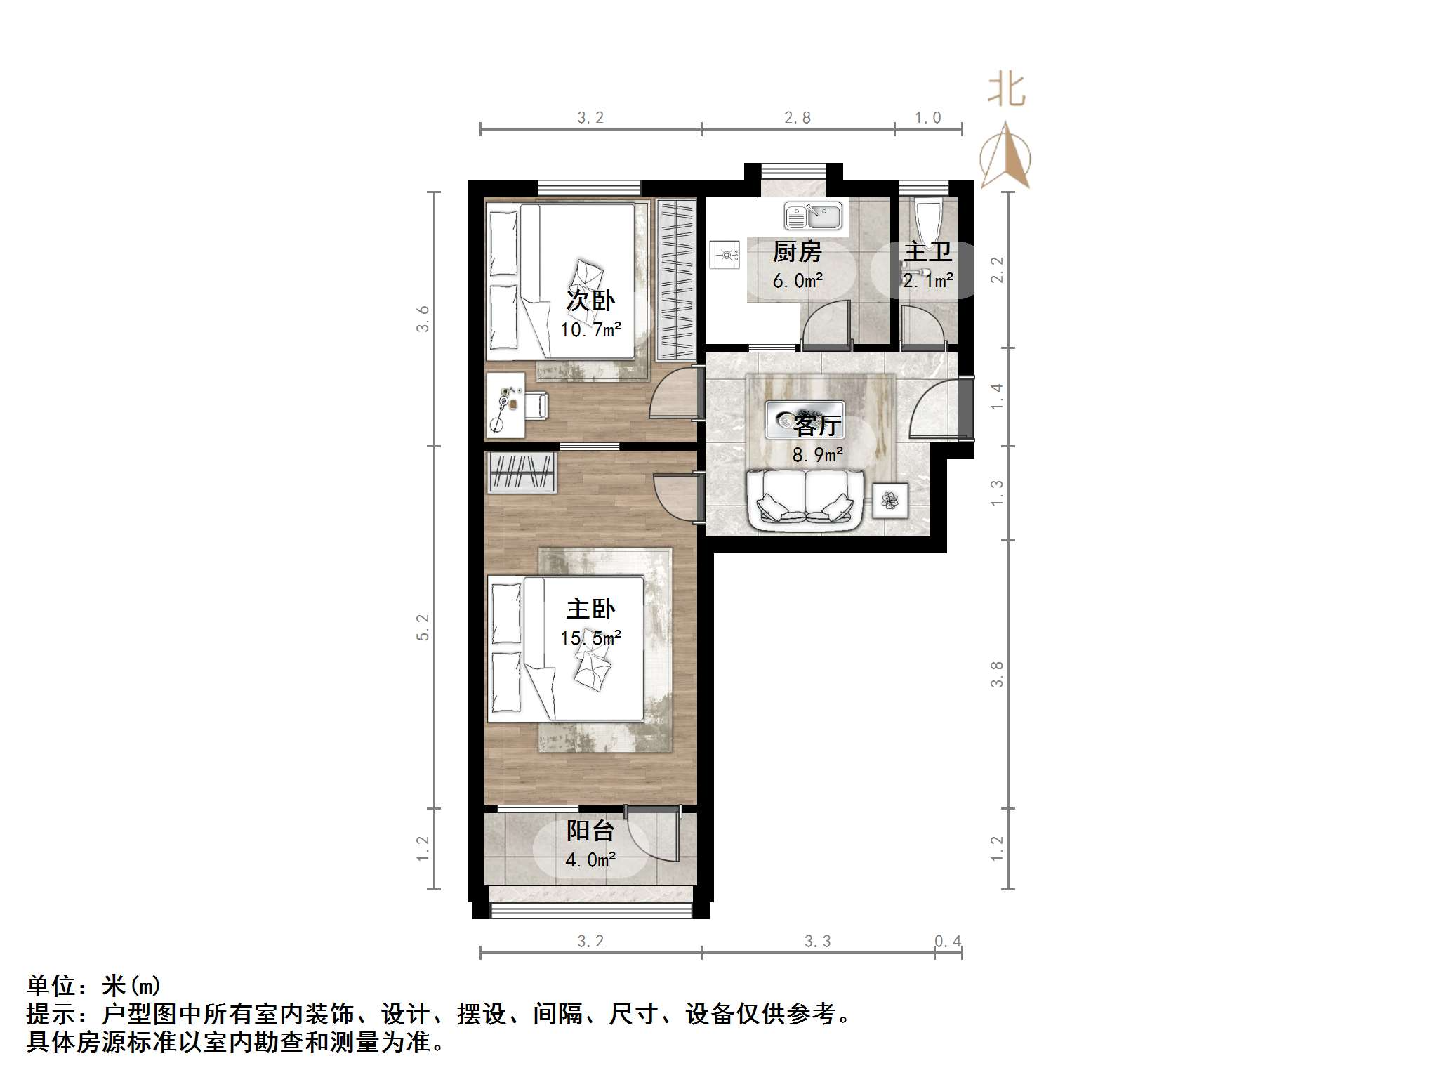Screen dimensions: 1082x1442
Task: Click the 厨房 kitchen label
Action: (797, 251)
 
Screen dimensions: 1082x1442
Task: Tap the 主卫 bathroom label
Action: (927, 251)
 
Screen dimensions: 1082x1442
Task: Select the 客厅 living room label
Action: (817, 425)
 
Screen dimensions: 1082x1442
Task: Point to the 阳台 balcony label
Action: (590, 831)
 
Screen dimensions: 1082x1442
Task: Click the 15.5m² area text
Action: (590, 638)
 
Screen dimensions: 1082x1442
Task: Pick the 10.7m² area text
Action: (590, 329)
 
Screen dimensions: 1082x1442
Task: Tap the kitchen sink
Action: (813, 216)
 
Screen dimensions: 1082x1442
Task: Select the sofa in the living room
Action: (805, 500)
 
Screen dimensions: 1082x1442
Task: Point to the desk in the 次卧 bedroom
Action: (505, 406)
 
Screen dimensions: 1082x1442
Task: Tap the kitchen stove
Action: (725, 254)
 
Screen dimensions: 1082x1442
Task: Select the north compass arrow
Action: (1005, 156)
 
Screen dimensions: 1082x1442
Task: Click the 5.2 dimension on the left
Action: (423, 627)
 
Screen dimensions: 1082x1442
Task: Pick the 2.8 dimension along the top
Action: (798, 118)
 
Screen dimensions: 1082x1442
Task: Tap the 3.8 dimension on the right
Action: (997, 674)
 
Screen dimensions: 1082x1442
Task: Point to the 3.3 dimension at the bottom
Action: (817, 942)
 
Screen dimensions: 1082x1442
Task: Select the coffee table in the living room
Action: (805, 420)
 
